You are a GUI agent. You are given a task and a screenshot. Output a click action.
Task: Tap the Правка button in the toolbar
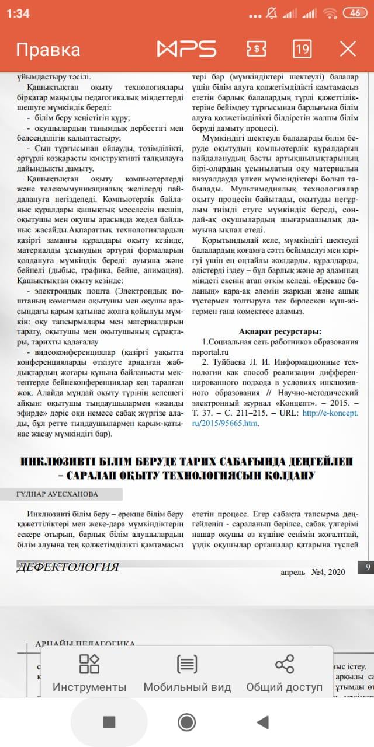[48, 50]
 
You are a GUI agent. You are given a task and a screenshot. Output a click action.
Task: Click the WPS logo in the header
[186, 49]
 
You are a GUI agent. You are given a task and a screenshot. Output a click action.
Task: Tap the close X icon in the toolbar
[348, 49]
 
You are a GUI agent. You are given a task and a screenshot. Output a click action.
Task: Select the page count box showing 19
[302, 49]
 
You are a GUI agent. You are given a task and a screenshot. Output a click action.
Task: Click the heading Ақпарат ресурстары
[280, 331]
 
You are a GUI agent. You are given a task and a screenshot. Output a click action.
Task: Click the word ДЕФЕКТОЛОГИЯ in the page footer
[68, 567]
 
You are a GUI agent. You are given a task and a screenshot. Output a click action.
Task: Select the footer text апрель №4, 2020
[313, 571]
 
